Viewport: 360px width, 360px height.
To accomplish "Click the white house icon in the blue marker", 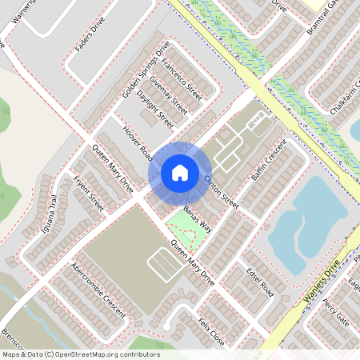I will pyautogui.click(x=180, y=172).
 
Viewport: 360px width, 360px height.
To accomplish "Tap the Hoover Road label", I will pyautogui.click(x=137, y=141).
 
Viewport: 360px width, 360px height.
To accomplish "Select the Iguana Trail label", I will pyautogui.click(x=54, y=214).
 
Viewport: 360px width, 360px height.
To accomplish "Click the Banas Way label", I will pyautogui.click(x=197, y=218).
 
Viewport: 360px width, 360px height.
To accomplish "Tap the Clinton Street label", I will pyautogui.click(x=221, y=192).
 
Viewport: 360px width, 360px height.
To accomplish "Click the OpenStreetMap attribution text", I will pyautogui.click(x=80, y=354).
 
